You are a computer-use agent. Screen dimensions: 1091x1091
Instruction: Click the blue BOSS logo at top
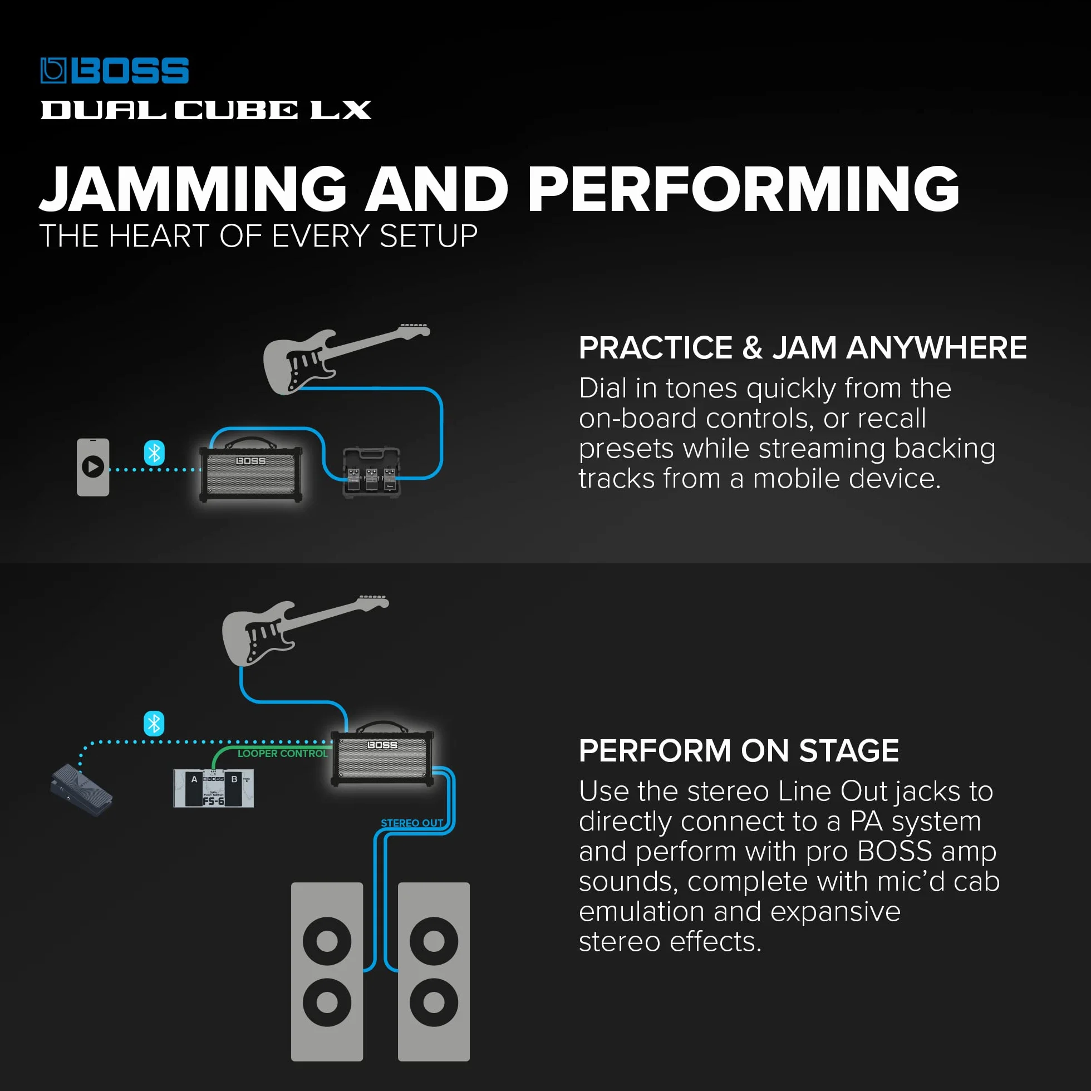point(115,71)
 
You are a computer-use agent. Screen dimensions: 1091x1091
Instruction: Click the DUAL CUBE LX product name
point(206,110)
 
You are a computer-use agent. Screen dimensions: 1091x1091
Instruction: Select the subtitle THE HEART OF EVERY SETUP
point(259,235)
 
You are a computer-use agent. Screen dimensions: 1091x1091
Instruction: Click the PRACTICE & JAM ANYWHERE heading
point(803,347)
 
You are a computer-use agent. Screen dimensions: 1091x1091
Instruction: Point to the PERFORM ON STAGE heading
point(739,750)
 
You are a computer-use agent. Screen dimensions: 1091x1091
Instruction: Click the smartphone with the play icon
point(93,467)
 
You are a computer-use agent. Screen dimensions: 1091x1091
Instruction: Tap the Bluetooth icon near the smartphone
point(154,453)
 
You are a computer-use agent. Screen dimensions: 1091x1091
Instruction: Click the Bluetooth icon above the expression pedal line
point(154,724)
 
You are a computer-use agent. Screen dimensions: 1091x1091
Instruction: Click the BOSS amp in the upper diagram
point(250,471)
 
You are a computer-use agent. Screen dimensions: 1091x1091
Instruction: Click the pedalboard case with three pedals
point(372,473)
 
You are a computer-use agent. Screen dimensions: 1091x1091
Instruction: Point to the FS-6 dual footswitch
point(213,788)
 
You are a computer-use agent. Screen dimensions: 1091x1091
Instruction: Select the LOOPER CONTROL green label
point(282,754)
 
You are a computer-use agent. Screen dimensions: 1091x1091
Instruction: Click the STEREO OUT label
point(412,823)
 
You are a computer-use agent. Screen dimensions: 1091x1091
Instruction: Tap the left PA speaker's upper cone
point(327,941)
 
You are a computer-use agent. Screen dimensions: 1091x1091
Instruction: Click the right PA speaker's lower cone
point(434,1003)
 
